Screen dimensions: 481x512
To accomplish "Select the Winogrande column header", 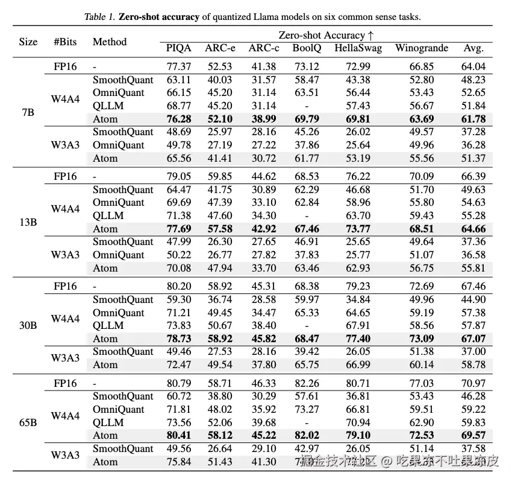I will click(422, 48).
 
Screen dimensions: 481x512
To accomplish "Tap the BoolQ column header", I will click(307, 48).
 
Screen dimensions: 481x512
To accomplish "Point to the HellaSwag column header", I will click(358, 48).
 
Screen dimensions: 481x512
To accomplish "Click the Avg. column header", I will click(473, 48).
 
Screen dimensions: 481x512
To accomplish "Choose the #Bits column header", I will click(64, 42).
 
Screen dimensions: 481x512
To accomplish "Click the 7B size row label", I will click(28, 112).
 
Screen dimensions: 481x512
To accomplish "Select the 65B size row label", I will click(28, 422).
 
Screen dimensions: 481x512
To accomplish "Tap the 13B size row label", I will click(28, 222).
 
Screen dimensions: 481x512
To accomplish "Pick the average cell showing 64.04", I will click(473, 66).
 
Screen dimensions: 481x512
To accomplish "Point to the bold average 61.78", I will click(473, 119).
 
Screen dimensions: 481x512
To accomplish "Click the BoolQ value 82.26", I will click(307, 383).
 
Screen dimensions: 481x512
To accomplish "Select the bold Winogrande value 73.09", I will click(421, 339).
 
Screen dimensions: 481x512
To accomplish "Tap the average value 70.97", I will click(473, 383).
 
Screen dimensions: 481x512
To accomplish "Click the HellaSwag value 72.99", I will click(358, 66).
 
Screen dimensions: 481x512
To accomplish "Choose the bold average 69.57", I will click(473, 435).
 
